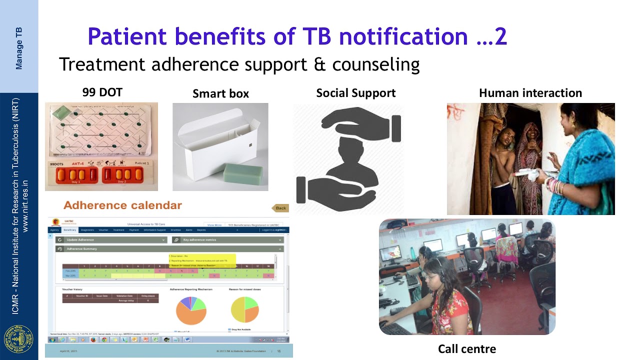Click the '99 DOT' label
tap(102, 92)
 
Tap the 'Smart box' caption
tap(220, 93)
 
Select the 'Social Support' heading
tap(355, 93)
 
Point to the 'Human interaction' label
tap(530, 93)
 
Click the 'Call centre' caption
tap(467, 348)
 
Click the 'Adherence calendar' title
tap(122, 205)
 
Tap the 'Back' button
tap(280, 208)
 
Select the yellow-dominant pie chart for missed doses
tap(244, 309)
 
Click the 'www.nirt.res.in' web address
tap(26, 206)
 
